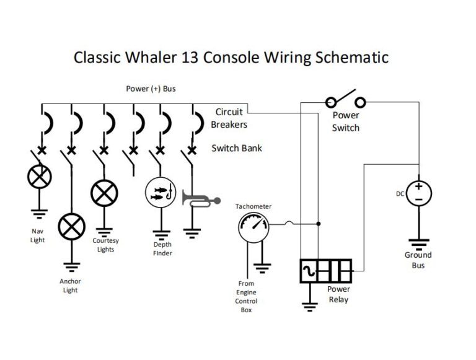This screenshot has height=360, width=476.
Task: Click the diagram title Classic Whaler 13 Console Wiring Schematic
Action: pyautogui.click(x=231, y=58)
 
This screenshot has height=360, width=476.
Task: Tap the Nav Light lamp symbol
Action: pyautogui.click(x=40, y=177)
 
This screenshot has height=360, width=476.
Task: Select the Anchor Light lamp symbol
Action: pyautogui.click(x=71, y=227)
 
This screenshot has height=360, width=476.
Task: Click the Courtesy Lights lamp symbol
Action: pyautogui.click(x=104, y=192)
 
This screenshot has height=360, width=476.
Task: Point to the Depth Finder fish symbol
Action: pyautogui.click(x=161, y=191)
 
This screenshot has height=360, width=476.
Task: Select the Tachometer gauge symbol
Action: pyautogui.click(x=253, y=227)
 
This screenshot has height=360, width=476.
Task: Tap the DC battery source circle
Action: pyautogui.click(x=419, y=193)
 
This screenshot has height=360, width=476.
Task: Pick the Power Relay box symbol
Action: pyautogui.click(x=325, y=271)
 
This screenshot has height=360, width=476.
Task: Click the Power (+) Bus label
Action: pyautogui.click(x=151, y=89)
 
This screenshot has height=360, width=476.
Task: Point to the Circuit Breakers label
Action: pyautogui.click(x=229, y=118)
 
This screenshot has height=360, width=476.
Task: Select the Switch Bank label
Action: pyautogui.click(x=237, y=148)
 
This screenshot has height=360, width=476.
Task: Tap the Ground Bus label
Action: pyautogui.click(x=418, y=260)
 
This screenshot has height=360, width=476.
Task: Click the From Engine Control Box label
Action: pyautogui.click(x=246, y=297)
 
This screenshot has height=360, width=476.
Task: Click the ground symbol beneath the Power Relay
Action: pyautogui.click(x=308, y=304)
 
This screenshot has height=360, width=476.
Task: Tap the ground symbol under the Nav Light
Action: pyautogui.click(x=40, y=214)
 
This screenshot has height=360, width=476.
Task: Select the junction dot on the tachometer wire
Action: pyautogui.click(x=319, y=223)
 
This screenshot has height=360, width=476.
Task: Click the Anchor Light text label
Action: pyautogui.click(x=70, y=286)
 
